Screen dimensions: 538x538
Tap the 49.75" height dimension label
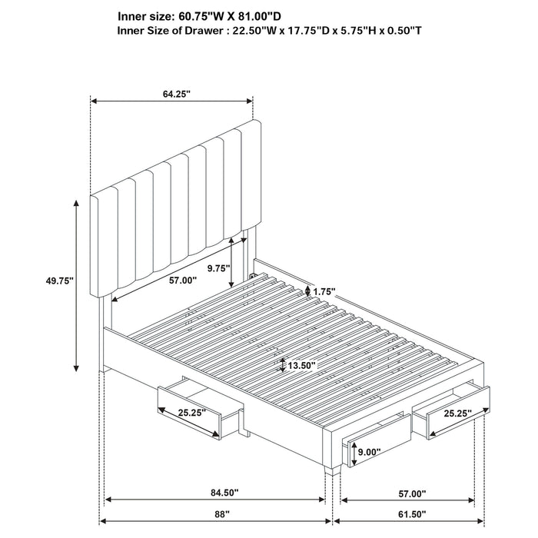point(59,281)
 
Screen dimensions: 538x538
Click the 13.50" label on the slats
point(301,365)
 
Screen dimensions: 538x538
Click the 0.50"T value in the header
point(398,31)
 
